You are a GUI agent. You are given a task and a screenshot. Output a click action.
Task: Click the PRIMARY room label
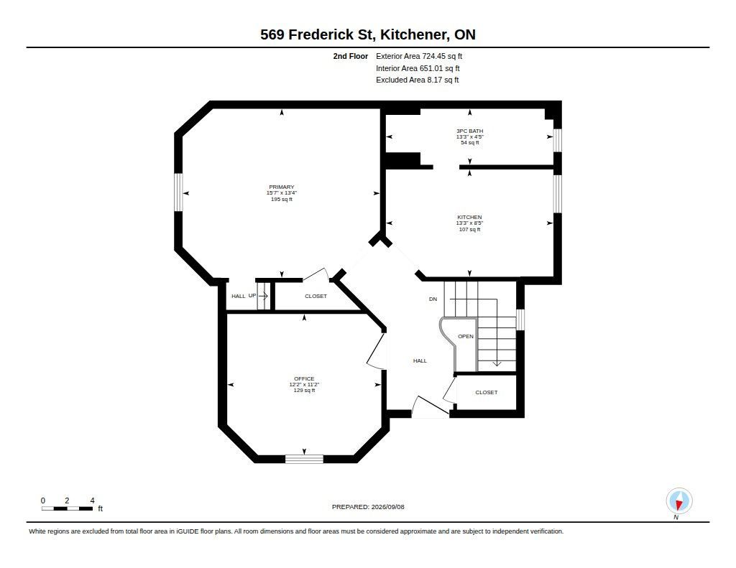(281, 187)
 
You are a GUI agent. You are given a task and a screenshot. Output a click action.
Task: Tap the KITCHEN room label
(469, 217)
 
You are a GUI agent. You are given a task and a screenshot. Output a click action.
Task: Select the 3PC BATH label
(469, 131)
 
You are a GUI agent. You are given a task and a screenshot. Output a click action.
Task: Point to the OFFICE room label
(304, 378)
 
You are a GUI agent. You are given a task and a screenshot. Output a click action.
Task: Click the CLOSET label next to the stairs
(487, 392)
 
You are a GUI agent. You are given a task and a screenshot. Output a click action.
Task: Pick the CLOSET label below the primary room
(316, 296)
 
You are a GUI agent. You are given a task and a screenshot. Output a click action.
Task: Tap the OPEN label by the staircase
(466, 336)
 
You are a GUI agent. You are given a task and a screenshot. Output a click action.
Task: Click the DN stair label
(433, 299)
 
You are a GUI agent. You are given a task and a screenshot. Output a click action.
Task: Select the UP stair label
(252, 296)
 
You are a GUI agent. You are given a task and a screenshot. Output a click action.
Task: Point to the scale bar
(67, 508)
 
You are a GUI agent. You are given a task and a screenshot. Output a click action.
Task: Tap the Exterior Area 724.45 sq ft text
(419, 56)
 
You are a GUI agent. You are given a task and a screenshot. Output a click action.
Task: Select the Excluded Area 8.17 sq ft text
(418, 80)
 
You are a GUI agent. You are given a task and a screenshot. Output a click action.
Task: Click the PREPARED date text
(368, 507)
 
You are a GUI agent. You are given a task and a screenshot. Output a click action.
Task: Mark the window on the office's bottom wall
(304, 459)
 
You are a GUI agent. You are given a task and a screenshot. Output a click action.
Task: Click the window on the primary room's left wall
(178, 192)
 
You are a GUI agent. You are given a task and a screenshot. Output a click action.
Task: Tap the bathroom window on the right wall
(557, 140)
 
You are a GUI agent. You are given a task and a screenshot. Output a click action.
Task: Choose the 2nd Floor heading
(351, 56)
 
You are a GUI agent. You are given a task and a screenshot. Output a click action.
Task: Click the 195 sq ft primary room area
(281, 200)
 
